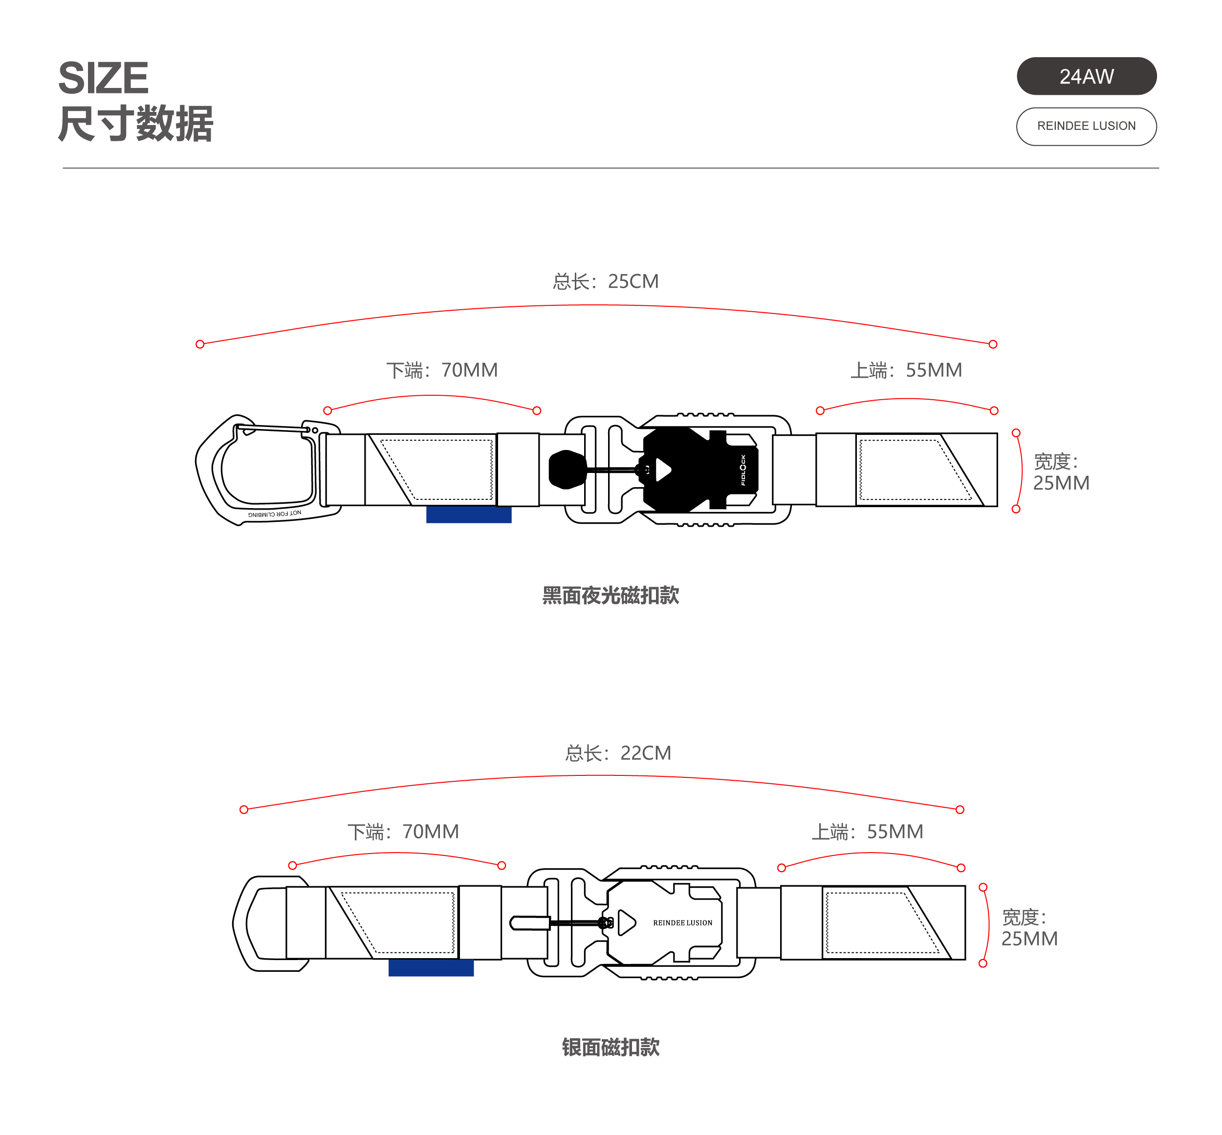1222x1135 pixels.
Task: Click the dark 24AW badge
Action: pos(1086,76)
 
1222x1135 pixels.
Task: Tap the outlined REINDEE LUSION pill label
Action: pos(1086,127)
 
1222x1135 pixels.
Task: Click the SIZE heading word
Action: pos(103,78)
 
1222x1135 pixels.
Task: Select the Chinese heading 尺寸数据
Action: pos(135,124)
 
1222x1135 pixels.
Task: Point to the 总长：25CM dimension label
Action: pos(605,281)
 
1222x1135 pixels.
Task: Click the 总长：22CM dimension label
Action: pos(618,753)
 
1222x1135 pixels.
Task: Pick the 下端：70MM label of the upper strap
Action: pos(442,370)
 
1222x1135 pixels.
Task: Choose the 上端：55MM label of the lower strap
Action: pos(868,832)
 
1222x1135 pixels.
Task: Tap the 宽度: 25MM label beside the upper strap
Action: pos(1061,472)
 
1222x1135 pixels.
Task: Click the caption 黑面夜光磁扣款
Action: pos(611,595)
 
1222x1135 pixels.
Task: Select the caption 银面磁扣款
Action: pos(611,1047)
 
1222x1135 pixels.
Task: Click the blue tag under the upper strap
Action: pos(469,514)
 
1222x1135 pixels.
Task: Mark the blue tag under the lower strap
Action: pos(431,967)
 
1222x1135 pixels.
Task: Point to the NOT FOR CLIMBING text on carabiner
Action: pos(275,514)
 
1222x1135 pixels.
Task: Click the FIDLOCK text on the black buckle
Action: pos(743,470)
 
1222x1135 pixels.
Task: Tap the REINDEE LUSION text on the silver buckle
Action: pos(682,922)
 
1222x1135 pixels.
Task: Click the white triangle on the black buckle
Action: pos(663,470)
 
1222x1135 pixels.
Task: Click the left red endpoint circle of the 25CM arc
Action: pos(199,344)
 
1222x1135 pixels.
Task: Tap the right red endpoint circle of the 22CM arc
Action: pos(960,810)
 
